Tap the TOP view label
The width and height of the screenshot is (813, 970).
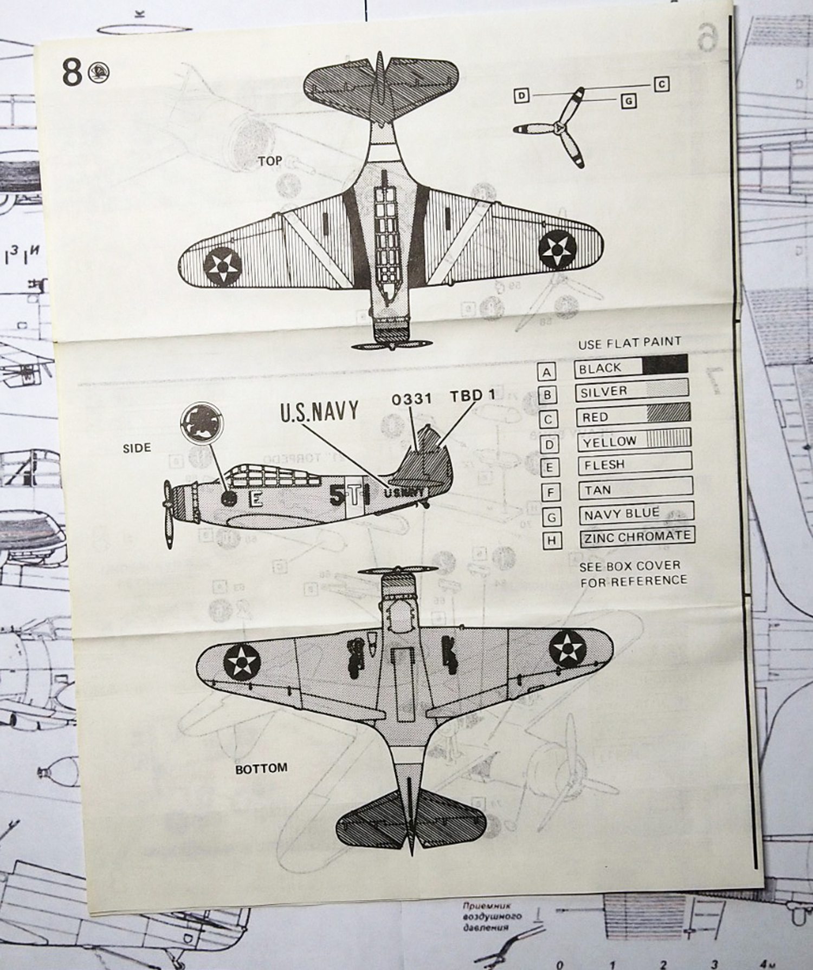coord(270,161)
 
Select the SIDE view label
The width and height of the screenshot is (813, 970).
coord(137,448)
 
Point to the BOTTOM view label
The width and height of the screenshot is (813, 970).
coord(261,768)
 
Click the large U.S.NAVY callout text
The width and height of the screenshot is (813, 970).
coord(319,412)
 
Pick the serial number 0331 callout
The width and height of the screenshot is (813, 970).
coord(412,399)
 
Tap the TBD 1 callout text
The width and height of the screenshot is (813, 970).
coord(473,395)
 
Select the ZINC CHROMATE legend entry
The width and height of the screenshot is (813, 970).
coord(637,537)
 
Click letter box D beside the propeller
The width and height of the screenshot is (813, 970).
coord(521,96)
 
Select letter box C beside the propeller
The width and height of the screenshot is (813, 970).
coord(661,84)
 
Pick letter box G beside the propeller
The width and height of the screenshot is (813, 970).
coord(629,101)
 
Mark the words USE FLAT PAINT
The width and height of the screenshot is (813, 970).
coord(629,342)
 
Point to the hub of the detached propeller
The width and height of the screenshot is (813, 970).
coord(558,128)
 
